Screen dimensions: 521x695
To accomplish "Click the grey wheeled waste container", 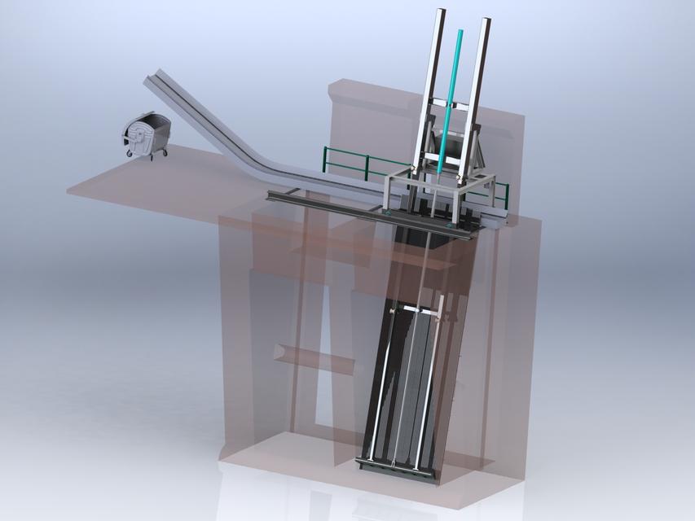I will [x=147, y=135].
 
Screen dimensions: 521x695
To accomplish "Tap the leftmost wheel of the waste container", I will [x=129, y=153].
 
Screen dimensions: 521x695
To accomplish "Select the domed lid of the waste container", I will [x=149, y=120].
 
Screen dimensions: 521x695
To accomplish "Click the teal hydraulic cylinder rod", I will [x=451, y=98].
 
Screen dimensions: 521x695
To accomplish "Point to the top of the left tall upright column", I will [x=441, y=11].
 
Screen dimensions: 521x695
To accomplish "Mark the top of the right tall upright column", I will [x=486, y=21].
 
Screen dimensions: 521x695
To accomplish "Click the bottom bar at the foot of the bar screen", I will [x=398, y=466].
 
